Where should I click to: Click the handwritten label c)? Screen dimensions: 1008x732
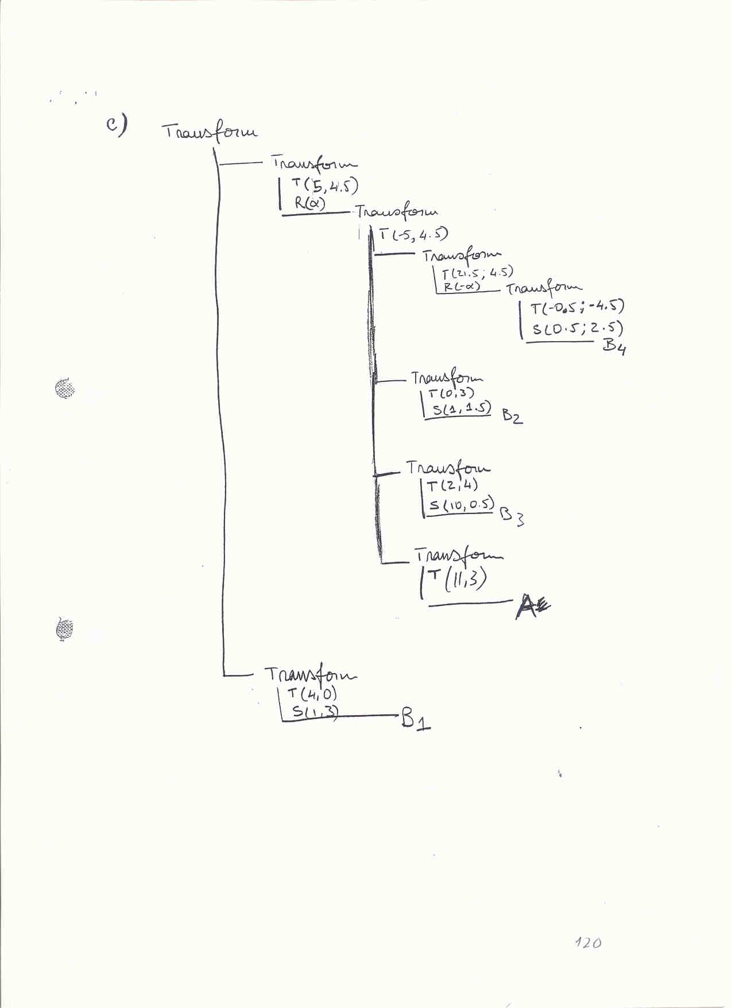117,125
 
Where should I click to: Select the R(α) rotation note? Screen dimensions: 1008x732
310,203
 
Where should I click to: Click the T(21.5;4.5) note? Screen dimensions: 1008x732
477,272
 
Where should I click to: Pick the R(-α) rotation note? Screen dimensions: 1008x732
462,286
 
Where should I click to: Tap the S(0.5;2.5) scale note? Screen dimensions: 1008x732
577,329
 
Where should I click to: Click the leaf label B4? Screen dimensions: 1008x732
614,346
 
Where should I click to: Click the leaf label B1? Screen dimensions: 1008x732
416,719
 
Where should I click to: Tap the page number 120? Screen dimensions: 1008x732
588,943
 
